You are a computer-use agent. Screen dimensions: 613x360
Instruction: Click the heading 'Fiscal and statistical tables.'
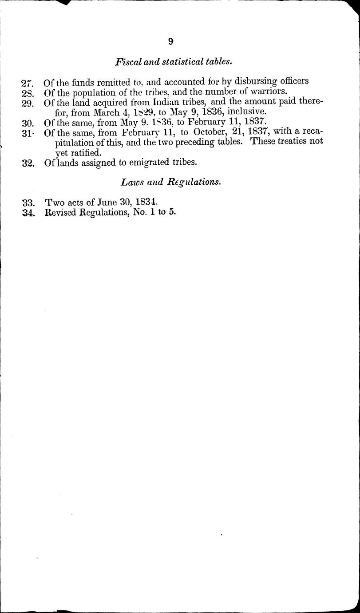[174, 62]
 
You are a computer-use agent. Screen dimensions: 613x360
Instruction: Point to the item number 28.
[28, 93]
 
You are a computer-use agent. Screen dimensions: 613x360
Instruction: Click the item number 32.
[28, 163]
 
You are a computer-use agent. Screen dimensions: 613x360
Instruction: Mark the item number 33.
[28, 202]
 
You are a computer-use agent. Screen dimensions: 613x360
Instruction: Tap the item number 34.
[28, 213]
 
